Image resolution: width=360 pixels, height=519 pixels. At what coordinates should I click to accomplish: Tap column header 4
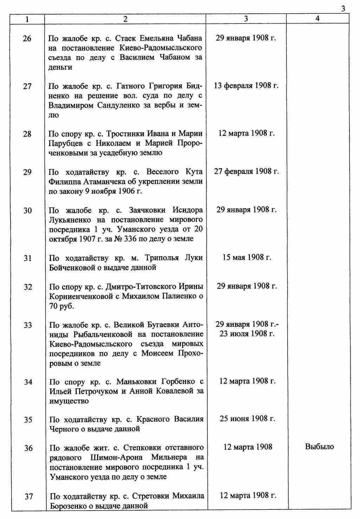(317, 19)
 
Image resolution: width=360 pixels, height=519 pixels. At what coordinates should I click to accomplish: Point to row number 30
(27, 210)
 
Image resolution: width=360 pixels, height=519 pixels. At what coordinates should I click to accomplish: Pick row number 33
(27, 325)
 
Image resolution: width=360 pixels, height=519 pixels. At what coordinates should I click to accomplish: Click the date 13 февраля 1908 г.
(246, 86)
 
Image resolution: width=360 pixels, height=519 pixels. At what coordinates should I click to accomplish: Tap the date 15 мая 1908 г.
(246, 258)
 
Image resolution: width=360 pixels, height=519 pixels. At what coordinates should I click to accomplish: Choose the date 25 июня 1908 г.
(247, 419)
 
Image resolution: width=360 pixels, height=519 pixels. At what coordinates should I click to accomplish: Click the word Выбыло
(320, 447)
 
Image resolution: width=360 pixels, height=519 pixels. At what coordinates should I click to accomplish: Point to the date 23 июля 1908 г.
(247, 333)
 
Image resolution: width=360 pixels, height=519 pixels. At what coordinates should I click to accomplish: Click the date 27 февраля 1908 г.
(246, 172)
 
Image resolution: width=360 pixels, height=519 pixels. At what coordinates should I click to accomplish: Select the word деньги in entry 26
(60, 67)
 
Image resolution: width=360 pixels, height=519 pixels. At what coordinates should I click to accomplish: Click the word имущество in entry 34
(69, 401)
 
